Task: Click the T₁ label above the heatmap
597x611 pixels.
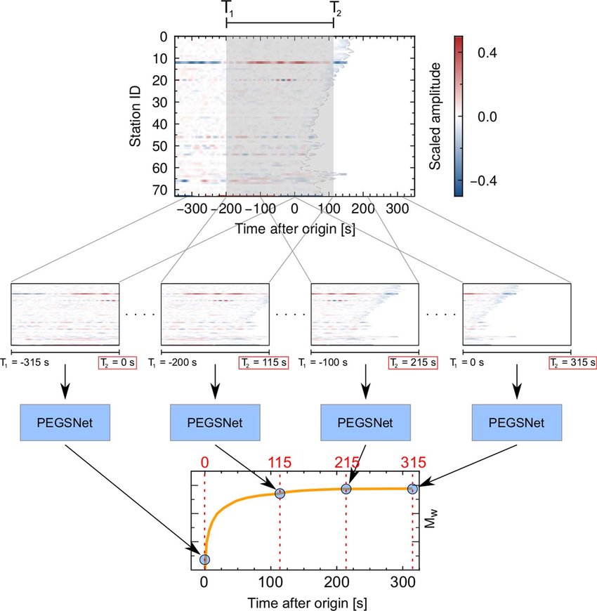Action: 227,8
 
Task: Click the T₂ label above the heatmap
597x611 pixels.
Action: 336,8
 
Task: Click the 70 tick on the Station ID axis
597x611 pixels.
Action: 160,190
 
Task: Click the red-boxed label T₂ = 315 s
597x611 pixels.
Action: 572,363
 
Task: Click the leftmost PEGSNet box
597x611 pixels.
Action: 65,422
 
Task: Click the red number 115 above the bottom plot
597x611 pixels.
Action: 281,464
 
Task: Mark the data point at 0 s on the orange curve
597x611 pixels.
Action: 204,559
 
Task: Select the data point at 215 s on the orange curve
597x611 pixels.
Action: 346,489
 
